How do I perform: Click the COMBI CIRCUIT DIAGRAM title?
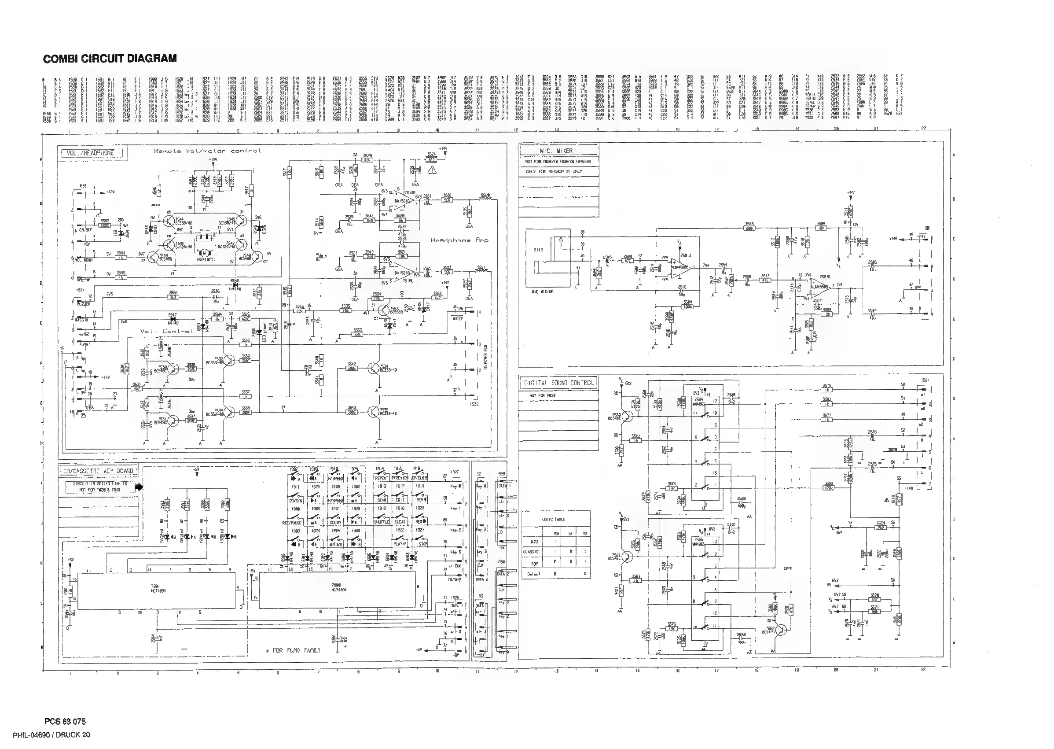point(110,59)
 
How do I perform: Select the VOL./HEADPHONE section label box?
point(92,153)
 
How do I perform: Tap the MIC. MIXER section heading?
point(558,150)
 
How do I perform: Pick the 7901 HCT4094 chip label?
point(155,588)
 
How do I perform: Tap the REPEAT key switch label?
point(382,478)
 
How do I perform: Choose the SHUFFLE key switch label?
point(382,522)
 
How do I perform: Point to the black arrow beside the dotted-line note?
point(139,487)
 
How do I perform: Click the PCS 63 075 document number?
point(65,721)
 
